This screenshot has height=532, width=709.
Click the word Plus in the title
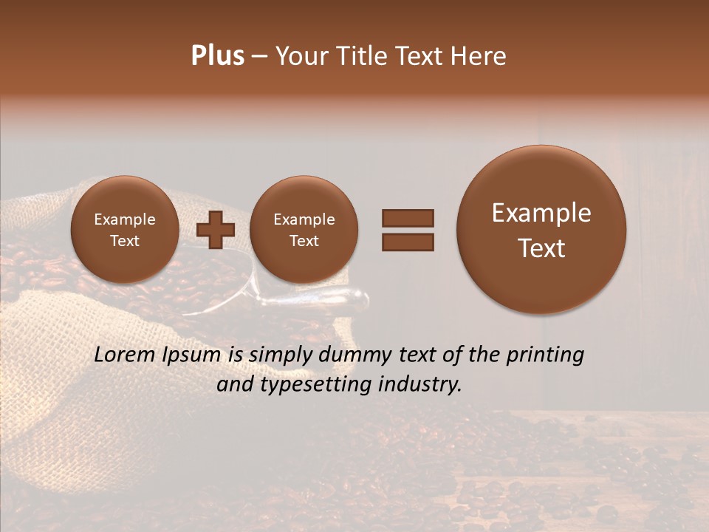(x=217, y=56)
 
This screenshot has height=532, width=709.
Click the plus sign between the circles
(x=216, y=230)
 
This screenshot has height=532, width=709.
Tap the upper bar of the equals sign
(x=407, y=218)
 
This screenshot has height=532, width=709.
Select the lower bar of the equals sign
(x=407, y=242)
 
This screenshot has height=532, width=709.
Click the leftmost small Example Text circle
(x=125, y=230)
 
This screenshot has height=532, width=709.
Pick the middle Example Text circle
(x=304, y=230)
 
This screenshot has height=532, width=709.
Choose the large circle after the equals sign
(x=541, y=230)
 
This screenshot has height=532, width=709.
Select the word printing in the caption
(x=545, y=355)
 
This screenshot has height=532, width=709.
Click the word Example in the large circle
(x=541, y=213)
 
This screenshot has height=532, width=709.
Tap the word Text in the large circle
(x=541, y=248)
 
